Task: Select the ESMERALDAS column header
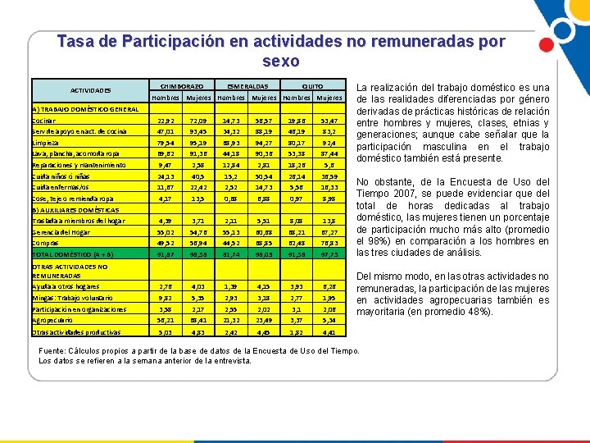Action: [243, 85]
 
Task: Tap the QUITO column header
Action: [311, 85]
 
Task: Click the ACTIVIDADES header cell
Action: [90, 90]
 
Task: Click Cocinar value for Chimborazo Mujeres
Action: [197, 121]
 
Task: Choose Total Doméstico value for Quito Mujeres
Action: [328, 254]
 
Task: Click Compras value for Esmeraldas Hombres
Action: [230, 243]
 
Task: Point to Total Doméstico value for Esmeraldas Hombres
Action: [230, 254]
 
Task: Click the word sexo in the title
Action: [281, 62]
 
